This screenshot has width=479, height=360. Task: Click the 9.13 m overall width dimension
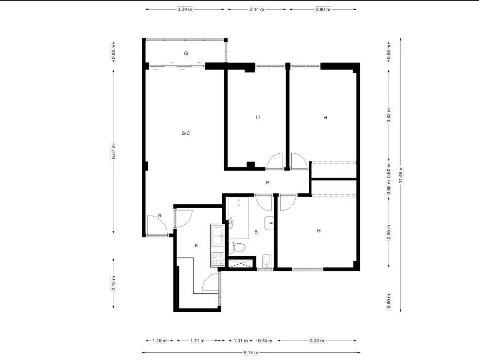(x=251, y=352)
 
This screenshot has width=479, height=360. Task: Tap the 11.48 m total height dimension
(x=401, y=175)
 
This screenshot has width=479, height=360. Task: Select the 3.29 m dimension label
(x=185, y=9)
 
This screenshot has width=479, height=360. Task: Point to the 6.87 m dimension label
(x=114, y=151)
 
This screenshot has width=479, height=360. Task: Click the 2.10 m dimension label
(x=114, y=283)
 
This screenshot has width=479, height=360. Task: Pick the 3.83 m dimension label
(x=389, y=115)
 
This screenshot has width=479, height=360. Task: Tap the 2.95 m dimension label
(x=389, y=233)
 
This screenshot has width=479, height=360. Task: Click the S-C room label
(x=186, y=133)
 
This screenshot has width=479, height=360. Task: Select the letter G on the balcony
(x=186, y=54)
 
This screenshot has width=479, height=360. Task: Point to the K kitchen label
(x=196, y=245)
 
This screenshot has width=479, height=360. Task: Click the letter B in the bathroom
(x=256, y=232)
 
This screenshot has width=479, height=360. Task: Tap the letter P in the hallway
(x=267, y=183)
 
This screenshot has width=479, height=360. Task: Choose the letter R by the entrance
(x=160, y=216)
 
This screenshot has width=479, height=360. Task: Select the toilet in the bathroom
(x=236, y=247)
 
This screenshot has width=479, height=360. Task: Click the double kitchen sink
(x=217, y=235)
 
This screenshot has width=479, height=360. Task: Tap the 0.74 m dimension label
(x=265, y=341)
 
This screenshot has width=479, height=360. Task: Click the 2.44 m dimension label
(x=257, y=9)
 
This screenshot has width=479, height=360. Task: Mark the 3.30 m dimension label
(x=317, y=341)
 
